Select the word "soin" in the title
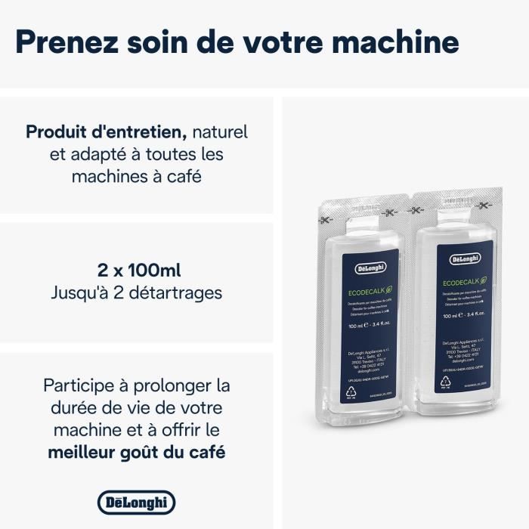(x=163, y=42)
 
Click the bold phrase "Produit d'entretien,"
(x=106, y=132)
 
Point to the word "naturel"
(x=220, y=132)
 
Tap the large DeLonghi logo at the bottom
(x=136, y=502)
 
